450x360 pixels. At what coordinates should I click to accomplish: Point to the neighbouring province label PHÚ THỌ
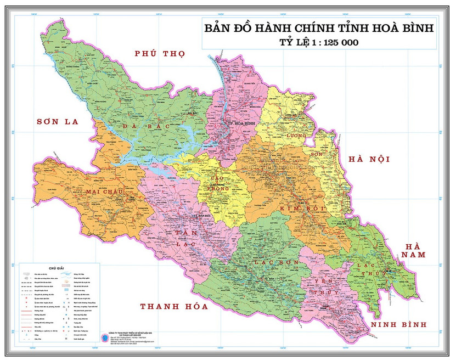[160, 54]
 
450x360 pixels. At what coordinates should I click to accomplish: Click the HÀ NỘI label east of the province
[369, 159]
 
